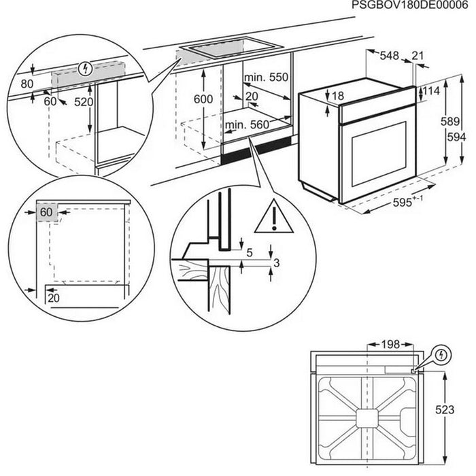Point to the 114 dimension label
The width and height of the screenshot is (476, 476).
[432, 91]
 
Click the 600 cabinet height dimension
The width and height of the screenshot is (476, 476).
[203, 99]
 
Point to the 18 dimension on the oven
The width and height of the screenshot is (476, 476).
[338, 97]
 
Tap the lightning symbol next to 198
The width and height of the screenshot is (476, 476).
[441, 355]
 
